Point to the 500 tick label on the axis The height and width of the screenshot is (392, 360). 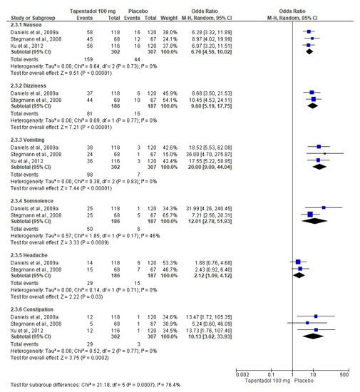(x=344, y=373)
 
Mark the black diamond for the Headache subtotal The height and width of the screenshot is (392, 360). (x=298, y=279)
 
